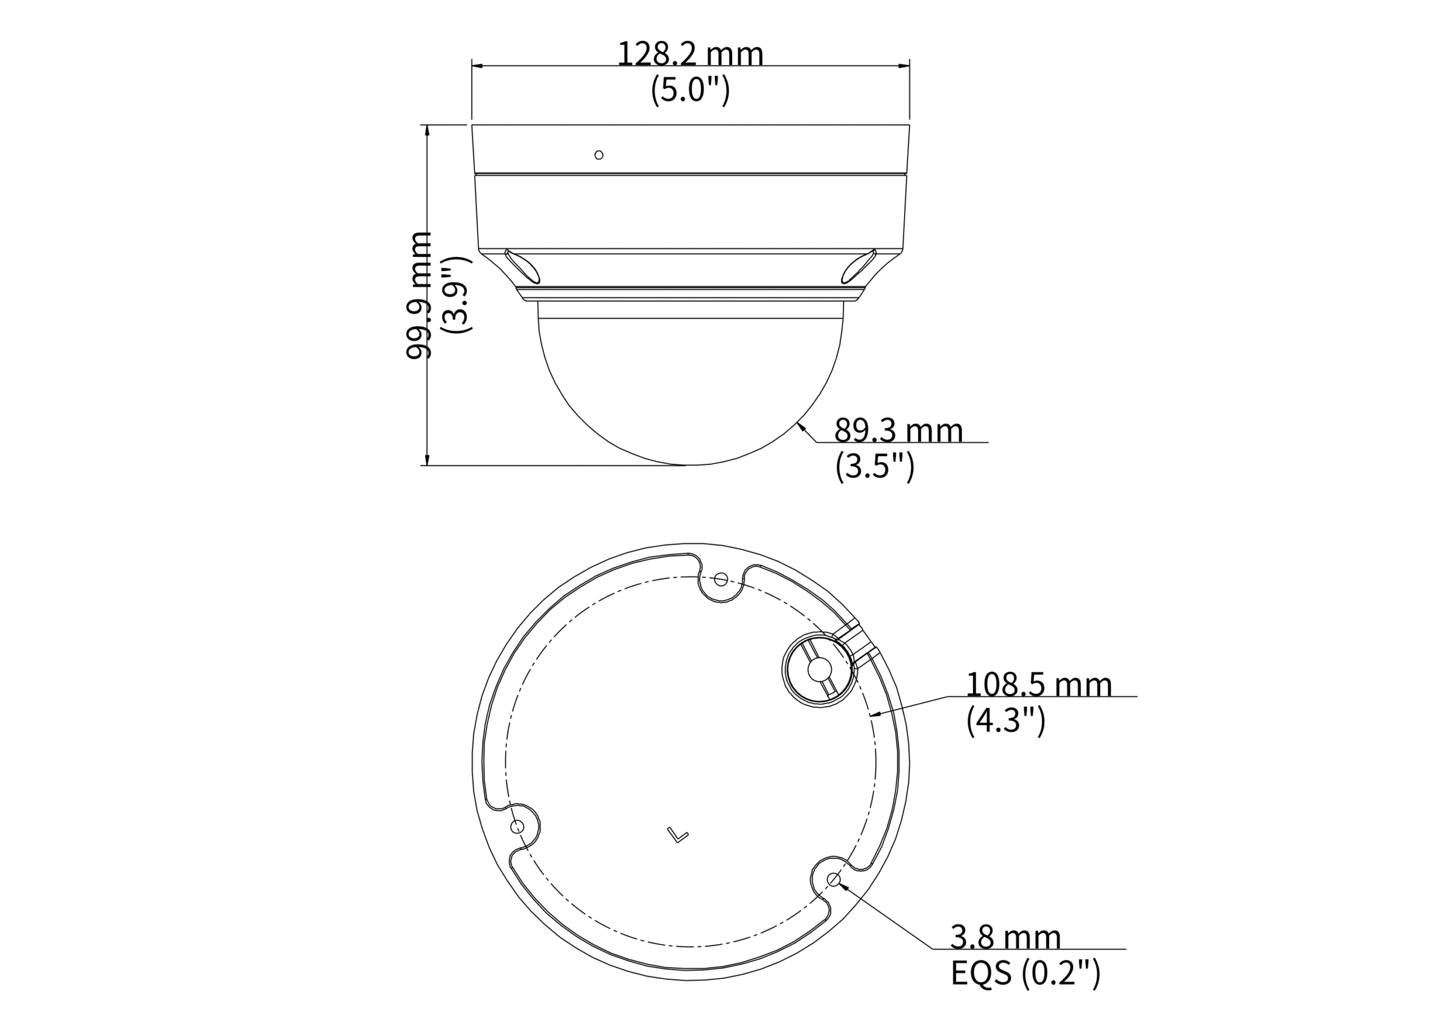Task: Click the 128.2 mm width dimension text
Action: click(x=690, y=54)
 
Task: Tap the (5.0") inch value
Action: click(x=690, y=91)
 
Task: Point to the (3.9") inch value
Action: click(x=456, y=294)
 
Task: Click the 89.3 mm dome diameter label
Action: click(x=898, y=431)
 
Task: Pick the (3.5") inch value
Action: click(x=874, y=466)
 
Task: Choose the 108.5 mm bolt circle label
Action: click(x=1039, y=684)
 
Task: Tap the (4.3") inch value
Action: click(x=1005, y=721)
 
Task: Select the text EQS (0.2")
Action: click(x=1025, y=973)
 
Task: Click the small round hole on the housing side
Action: click(x=599, y=155)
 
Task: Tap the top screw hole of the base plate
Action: click(x=720, y=579)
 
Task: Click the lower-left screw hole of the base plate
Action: click(x=516, y=827)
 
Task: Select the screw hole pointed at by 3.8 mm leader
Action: click(x=832, y=879)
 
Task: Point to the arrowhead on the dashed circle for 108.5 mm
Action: click(x=874, y=715)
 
